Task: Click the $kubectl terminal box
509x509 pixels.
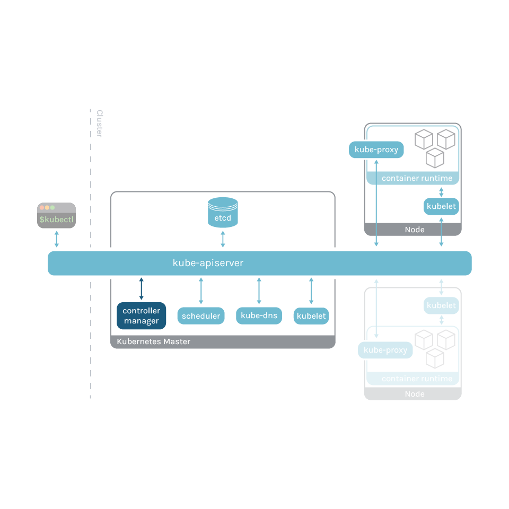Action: tap(56, 215)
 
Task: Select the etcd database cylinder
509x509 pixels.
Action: tap(223, 212)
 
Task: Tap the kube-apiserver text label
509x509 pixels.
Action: tap(208, 263)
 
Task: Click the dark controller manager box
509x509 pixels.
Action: tap(141, 316)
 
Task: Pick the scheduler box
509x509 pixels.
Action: tap(200, 316)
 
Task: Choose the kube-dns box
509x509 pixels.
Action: tap(259, 315)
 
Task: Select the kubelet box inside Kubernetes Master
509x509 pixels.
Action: tap(311, 316)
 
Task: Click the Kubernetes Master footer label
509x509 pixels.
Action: tap(153, 341)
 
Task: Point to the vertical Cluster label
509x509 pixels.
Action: tap(99, 124)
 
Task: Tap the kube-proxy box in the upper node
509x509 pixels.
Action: tap(376, 150)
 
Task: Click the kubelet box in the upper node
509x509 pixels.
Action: tap(441, 206)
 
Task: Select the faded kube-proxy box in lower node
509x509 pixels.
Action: tap(385, 350)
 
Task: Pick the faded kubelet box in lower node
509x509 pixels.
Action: tap(441, 306)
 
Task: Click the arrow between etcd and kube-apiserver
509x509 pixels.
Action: tap(223, 239)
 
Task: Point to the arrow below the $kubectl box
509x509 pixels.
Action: tap(57, 239)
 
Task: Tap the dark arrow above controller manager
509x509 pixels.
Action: tap(141, 288)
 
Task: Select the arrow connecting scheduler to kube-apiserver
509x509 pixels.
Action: tap(200, 291)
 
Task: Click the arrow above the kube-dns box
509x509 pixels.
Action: tap(259, 291)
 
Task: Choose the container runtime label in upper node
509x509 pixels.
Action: tap(417, 178)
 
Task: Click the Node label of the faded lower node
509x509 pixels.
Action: tap(414, 394)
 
